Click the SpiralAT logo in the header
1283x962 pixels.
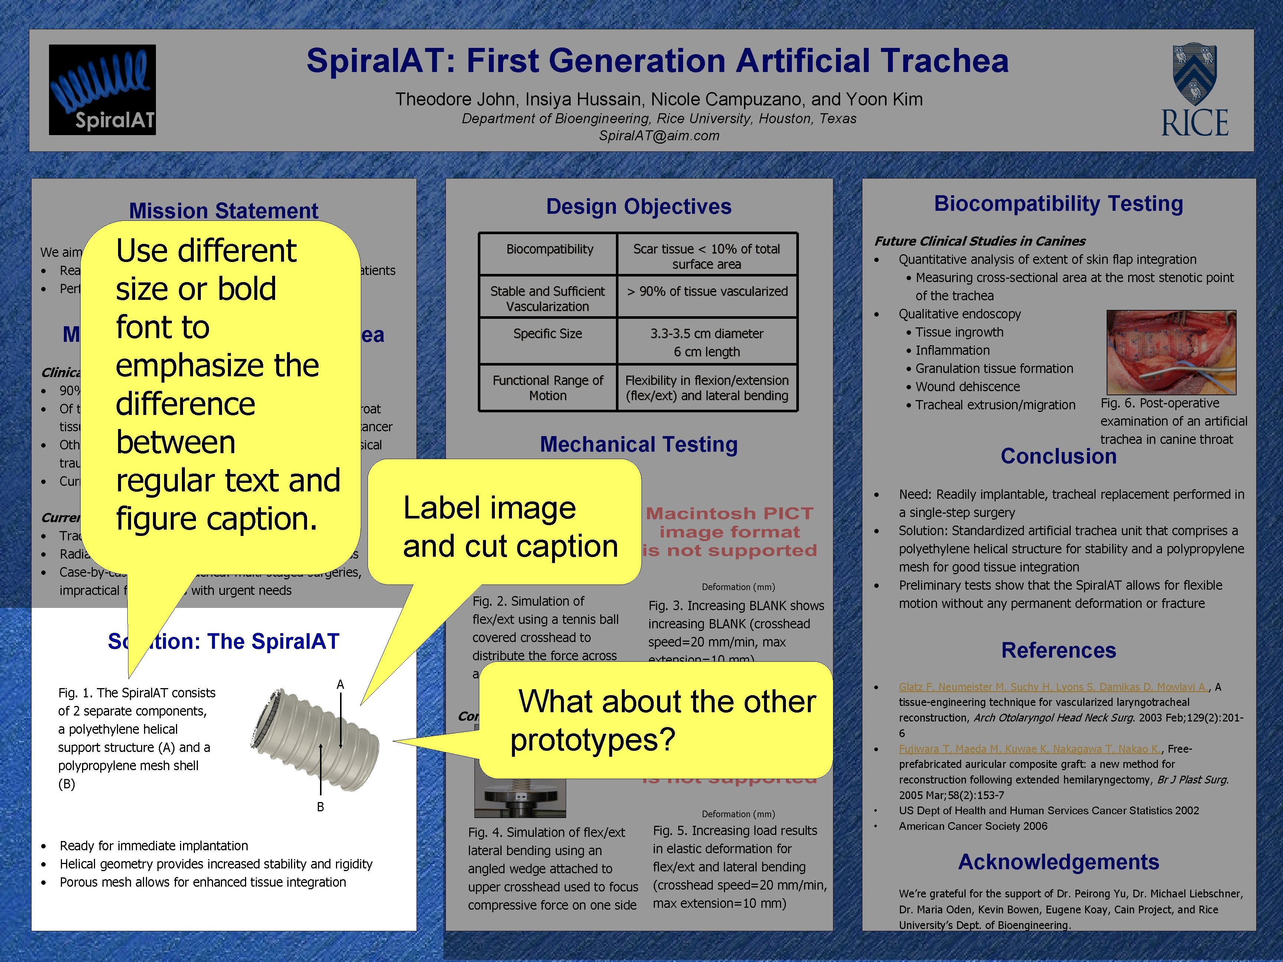pyautogui.click(x=102, y=90)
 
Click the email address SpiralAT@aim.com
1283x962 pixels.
pyautogui.click(x=659, y=136)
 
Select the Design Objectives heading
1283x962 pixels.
pyautogui.click(x=639, y=206)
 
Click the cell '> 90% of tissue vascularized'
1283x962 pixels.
pyautogui.click(x=707, y=292)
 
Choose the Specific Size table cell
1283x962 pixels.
pyautogui.click(x=548, y=334)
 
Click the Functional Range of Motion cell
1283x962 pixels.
pyautogui.click(x=548, y=388)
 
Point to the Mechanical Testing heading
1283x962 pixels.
pyautogui.click(x=639, y=444)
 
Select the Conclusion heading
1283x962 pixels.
pyautogui.click(x=1058, y=457)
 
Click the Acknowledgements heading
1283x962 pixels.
pyautogui.click(x=1058, y=862)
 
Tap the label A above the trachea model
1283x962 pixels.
pyautogui.click(x=340, y=685)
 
